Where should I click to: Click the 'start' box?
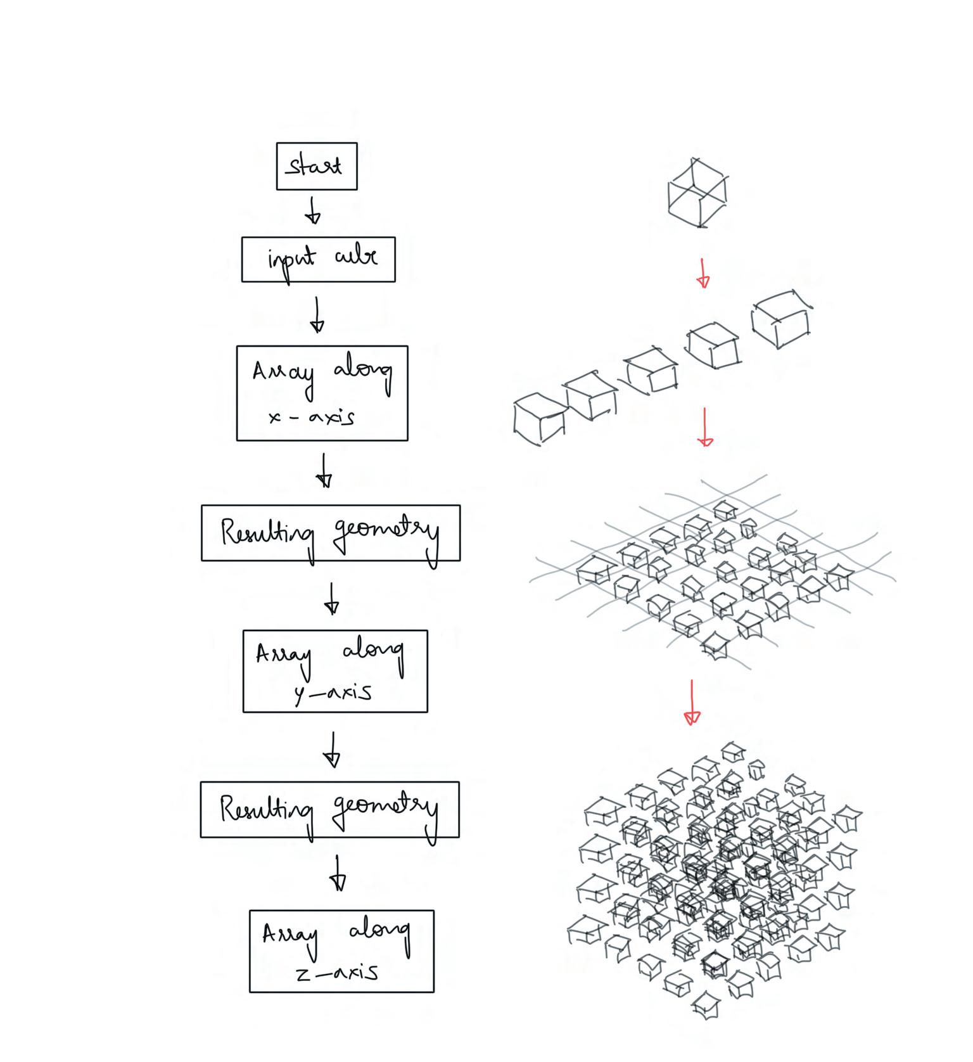pos(317,166)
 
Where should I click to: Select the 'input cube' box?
pos(318,259)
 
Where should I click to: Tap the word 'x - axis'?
pos(311,418)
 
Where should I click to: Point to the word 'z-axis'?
pos(338,973)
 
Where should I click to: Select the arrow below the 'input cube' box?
pos(317,315)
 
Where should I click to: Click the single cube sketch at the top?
pos(697,193)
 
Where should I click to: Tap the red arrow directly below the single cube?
pos(703,273)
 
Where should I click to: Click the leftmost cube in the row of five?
pos(539,418)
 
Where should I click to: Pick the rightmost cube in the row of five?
pos(781,319)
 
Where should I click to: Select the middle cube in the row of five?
pos(652,371)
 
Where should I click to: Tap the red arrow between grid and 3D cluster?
pos(692,703)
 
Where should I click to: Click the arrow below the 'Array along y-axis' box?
pos(332,750)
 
